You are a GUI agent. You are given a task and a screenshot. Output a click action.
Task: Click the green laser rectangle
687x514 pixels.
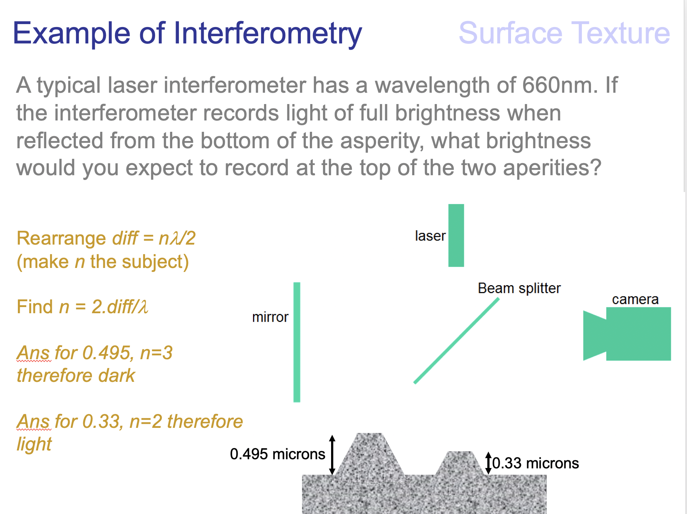[456, 235]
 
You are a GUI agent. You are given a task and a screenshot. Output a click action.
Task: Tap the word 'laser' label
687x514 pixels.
[430, 236]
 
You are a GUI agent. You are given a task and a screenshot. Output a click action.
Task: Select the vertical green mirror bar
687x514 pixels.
[297, 342]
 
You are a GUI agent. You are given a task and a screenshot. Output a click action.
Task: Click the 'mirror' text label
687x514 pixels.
[270, 317]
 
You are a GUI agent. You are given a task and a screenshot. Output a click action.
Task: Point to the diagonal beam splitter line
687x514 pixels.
[456, 341]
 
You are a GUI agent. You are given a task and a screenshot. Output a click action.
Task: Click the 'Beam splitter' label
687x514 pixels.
[519, 288]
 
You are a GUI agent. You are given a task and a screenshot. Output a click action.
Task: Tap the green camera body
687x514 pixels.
[638, 334]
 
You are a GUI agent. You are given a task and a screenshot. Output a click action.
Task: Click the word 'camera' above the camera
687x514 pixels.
[635, 299]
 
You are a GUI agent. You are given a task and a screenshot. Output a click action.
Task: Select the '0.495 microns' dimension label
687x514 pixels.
[277, 454]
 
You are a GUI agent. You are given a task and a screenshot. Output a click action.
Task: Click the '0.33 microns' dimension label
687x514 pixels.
[535, 463]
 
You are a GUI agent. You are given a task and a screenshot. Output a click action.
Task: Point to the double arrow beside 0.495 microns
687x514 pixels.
[332, 455]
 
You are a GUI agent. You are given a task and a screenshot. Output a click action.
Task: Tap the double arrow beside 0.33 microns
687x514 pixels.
[488, 463]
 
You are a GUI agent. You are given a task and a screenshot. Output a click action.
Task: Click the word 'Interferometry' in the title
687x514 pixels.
[268, 34]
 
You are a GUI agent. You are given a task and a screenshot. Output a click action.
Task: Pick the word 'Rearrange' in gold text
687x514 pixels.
[61, 238]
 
